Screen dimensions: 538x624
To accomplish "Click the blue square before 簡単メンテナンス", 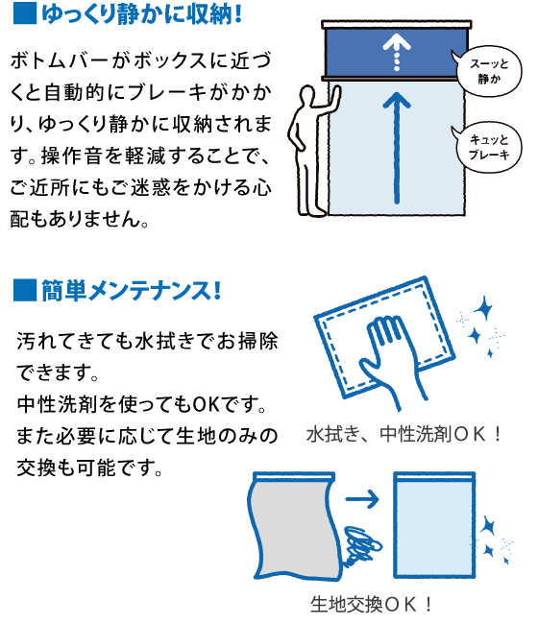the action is tap(25, 290).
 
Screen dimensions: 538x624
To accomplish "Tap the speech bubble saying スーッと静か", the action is tap(487, 72).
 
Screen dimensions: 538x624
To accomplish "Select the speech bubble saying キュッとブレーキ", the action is tap(488, 147).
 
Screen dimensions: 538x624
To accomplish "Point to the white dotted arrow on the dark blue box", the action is tap(397, 52).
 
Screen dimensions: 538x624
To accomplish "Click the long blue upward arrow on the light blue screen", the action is tap(397, 148).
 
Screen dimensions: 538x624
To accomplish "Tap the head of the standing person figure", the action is tap(306, 95).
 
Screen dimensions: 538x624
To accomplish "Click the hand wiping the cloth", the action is tap(392, 360).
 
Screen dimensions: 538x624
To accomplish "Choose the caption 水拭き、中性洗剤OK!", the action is tap(403, 434).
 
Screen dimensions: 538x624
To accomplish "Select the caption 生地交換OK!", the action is tap(371, 604).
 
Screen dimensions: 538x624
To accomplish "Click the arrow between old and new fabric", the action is tap(361, 498).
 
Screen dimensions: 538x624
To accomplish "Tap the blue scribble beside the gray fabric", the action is tap(361, 545).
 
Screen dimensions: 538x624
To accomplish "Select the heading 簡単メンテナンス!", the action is tap(131, 291).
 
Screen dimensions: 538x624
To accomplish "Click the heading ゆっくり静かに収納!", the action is tap(142, 13).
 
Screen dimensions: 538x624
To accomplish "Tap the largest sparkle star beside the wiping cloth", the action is tap(484, 308).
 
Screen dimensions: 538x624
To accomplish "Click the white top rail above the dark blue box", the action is tap(397, 25).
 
